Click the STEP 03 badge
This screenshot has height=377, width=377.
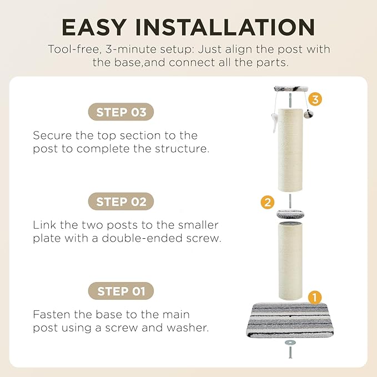click(x=121, y=112)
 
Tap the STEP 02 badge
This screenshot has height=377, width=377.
click(x=121, y=202)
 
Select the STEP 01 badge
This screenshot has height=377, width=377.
click(x=121, y=291)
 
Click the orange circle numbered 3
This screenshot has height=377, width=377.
click(x=315, y=99)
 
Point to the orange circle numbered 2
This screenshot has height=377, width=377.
click(x=268, y=202)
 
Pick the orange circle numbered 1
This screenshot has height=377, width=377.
click(x=315, y=298)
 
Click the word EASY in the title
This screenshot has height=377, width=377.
click(x=94, y=27)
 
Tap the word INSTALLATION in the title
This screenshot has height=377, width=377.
click(x=225, y=27)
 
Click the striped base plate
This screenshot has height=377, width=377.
click(x=290, y=319)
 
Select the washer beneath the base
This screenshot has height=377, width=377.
click(x=289, y=342)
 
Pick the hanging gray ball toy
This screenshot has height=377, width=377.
click(x=308, y=114)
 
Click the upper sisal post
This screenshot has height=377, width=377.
click(x=290, y=150)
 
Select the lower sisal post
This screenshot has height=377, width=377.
click(x=290, y=262)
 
